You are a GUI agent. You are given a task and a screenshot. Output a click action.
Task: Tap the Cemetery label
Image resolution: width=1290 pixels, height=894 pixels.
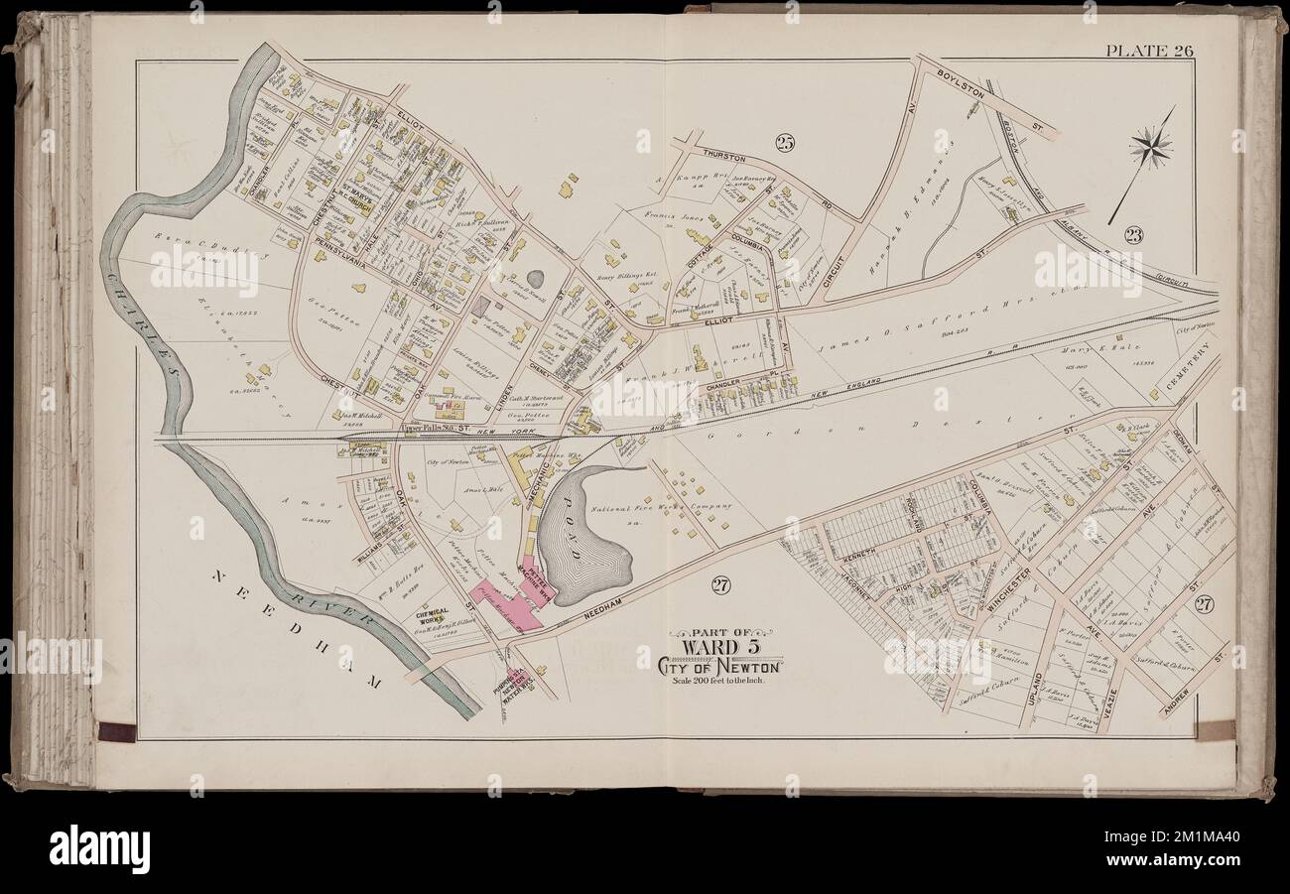click(x=1200, y=368)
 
